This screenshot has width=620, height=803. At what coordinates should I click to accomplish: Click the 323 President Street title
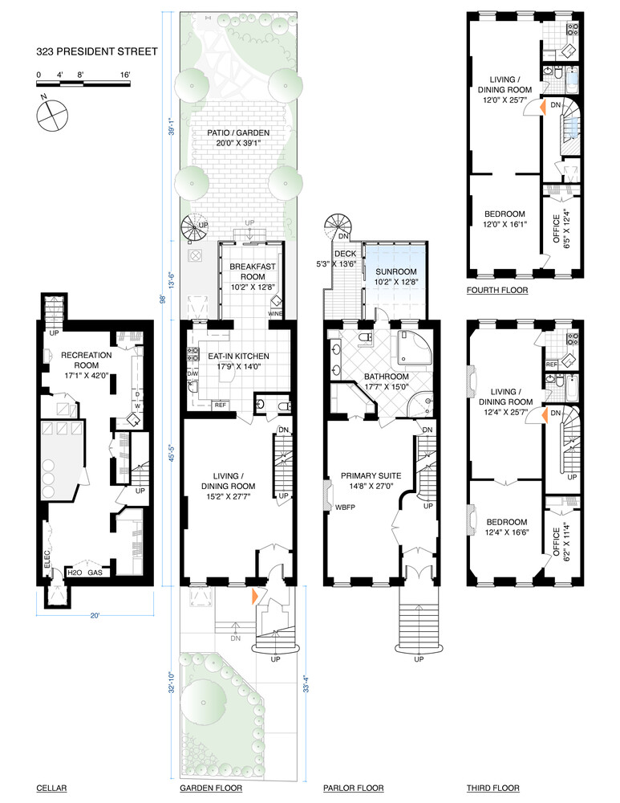click(96, 52)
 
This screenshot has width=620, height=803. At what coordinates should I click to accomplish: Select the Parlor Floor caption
click(353, 788)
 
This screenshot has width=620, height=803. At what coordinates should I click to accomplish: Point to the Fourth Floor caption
click(497, 290)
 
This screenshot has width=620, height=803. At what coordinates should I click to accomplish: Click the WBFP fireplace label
click(345, 507)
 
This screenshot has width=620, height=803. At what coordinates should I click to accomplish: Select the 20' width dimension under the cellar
click(95, 616)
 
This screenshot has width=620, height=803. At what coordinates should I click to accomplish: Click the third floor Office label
click(558, 545)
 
